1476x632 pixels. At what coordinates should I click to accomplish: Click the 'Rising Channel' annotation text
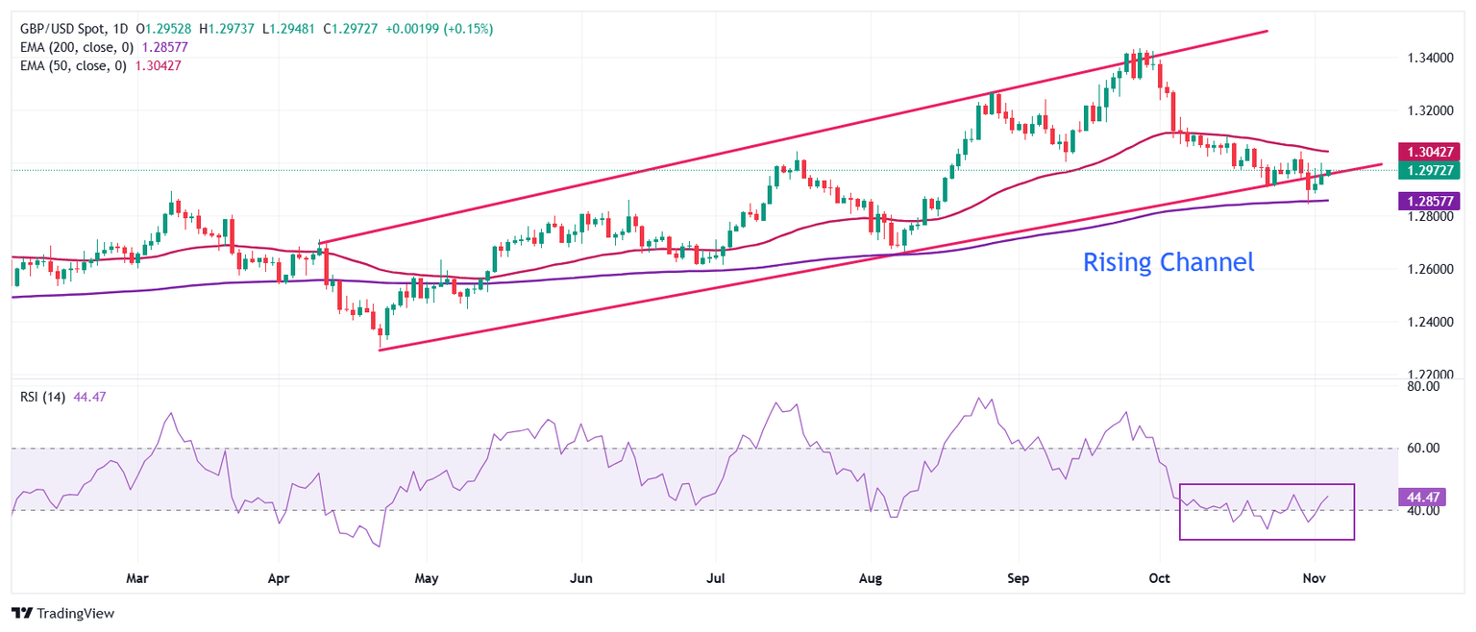(x=1168, y=262)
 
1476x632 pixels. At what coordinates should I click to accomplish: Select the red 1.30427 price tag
(x=1431, y=152)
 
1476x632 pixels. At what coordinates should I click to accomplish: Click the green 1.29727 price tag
(x=1431, y=170)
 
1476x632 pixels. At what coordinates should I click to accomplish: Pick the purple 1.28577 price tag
(x=1431, y=200)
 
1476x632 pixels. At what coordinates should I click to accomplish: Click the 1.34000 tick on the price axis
(x=1429, y=59)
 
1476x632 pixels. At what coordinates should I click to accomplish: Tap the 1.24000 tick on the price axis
(x=1429, y=322)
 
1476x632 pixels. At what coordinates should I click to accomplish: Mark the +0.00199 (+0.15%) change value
(x=439, y=30)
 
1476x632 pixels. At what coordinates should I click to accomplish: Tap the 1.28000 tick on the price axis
(x=1429, y=217)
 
